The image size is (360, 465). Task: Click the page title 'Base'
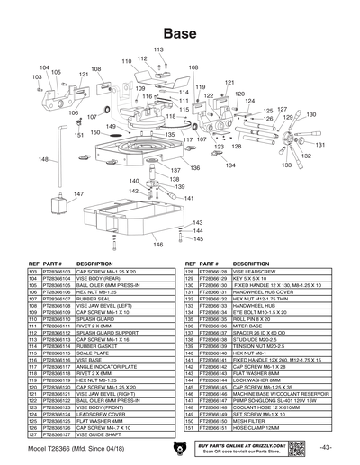click(180, 31)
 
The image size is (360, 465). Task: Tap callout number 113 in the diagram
click(158, 49)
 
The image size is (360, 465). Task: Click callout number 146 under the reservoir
click(157, 244)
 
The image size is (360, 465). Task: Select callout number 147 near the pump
click(78, 193)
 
